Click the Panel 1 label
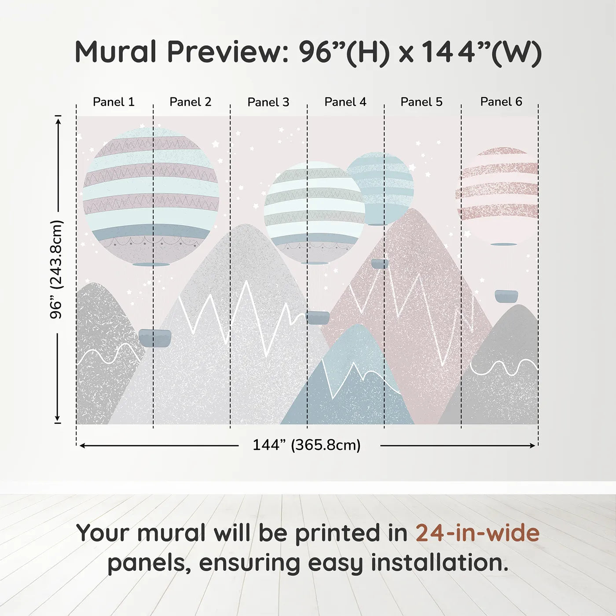click(x=114, y=102)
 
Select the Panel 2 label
click(x=191, y=102)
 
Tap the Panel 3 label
click(x=268, y=103)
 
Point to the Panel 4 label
click(x=345, y=102)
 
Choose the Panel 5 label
click(x=422, y=102)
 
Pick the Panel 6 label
click(x=501, y=102)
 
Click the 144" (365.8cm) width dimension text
click(x=307, y=445)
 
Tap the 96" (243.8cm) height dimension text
click(x=57, y=269)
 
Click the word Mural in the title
click(x=115, y=52)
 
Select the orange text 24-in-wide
click(x=477, y=533)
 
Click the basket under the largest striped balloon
click(x=154, y=338)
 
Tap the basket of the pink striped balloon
click(x=506, y=296)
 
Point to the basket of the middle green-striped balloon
click(x=318, y=317)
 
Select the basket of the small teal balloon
click(x=380, y=264)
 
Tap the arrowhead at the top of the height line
click(x=58, y=119)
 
